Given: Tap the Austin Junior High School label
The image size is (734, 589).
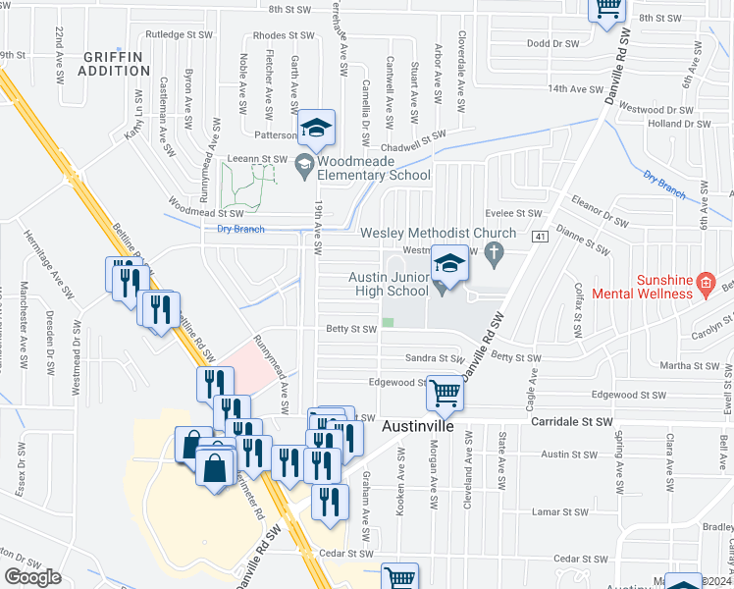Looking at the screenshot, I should pos(390,284).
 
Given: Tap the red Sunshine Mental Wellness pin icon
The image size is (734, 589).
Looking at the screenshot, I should pos(704,286).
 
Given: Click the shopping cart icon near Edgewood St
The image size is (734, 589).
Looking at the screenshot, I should pos(446,393).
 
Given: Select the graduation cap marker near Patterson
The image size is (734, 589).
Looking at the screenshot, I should pos(317,128).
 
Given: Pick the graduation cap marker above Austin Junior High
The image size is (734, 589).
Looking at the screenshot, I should pos(450,264).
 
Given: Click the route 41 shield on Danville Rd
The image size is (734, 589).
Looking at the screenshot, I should pos(539,237).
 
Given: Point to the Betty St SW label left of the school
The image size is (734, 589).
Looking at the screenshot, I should pos(352,329).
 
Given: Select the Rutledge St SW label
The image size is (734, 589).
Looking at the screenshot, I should pos(179,33).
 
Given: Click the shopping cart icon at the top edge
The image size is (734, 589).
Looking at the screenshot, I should pos(607,8).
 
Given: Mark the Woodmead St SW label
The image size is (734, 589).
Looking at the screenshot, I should pos(205,212).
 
